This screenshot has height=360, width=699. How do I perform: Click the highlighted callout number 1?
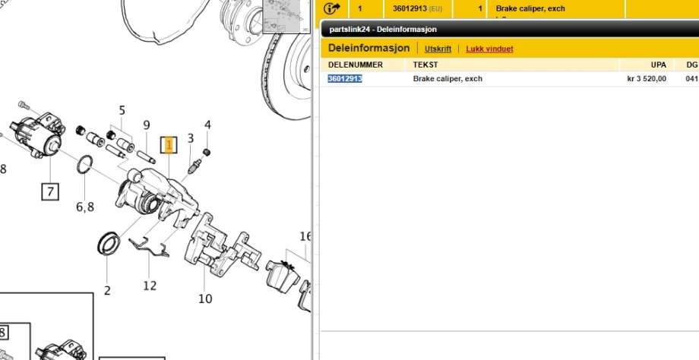pos(169,145)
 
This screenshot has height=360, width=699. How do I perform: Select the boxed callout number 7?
pos(50,191)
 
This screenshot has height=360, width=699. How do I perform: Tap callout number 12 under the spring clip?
pos(150,285)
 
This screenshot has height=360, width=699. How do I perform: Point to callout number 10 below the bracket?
pos(205,298)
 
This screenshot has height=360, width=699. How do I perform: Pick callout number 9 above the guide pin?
pos(147,125)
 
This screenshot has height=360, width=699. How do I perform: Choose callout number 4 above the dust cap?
pos(207,125)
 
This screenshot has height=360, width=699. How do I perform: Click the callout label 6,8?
pos(85,207)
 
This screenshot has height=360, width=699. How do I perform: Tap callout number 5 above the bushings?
pos(122,110)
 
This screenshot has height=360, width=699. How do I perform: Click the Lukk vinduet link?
pos(489,49)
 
